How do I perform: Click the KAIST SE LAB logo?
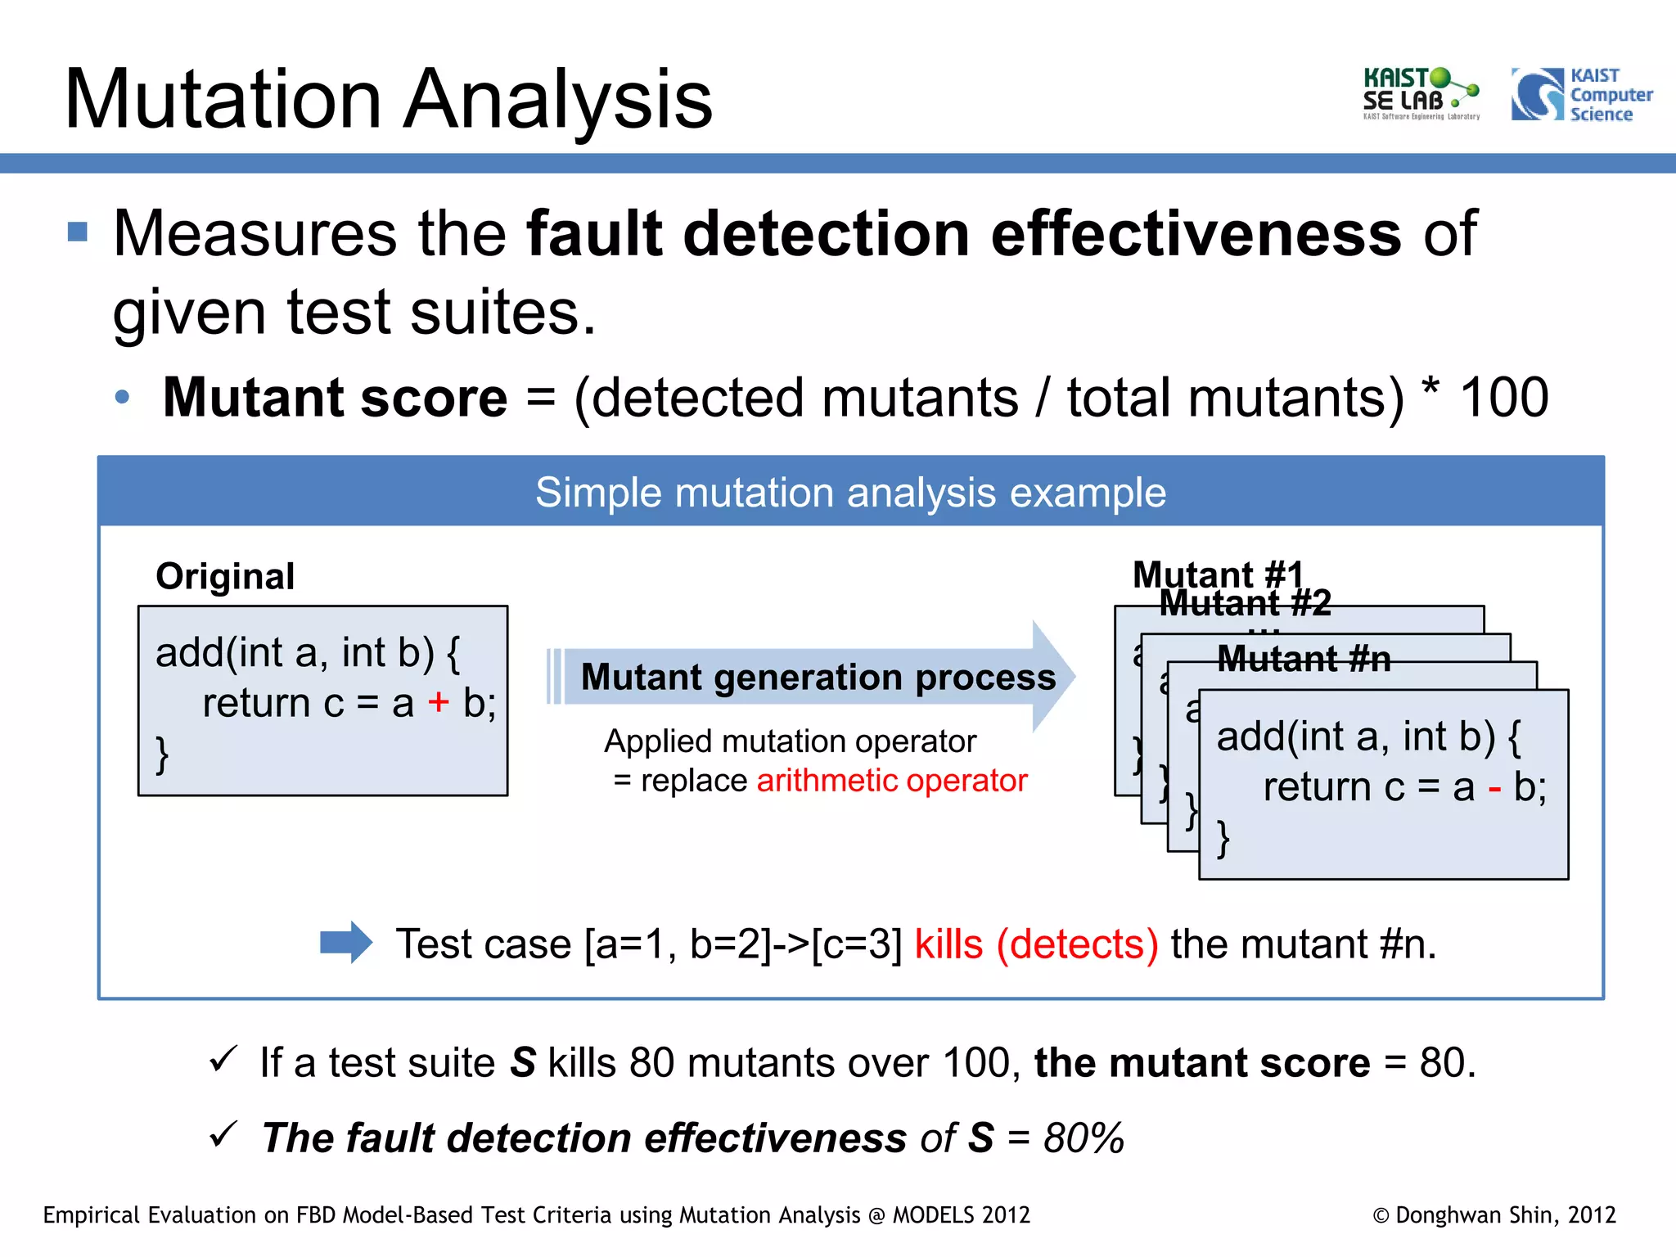[x=1420, y=94]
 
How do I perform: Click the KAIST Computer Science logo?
[x=1581, y=95]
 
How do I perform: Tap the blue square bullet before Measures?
[x=78, y=232]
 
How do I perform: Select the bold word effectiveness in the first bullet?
[x=1196, y=234]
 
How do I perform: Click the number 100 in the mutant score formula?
[x=1503, y=399]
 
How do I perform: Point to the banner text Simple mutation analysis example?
[x=850, y=493]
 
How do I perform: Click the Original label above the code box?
[x=225, y=576]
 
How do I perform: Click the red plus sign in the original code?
[x=439, y=702]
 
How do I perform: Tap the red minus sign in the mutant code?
[x=1494, y=790]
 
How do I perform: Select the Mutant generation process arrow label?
[x=818, y=678]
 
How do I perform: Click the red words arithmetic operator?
[x=892, y=781]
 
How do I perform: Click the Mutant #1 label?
[x=1217, y=574]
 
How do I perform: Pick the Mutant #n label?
[x=1304, y=659]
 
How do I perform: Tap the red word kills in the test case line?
[x=948, y=944]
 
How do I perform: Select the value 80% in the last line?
[x=1084, y=1138]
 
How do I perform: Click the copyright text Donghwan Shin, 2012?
[x=1494, y=1215]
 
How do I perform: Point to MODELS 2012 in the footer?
[x=961, y=1215]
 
